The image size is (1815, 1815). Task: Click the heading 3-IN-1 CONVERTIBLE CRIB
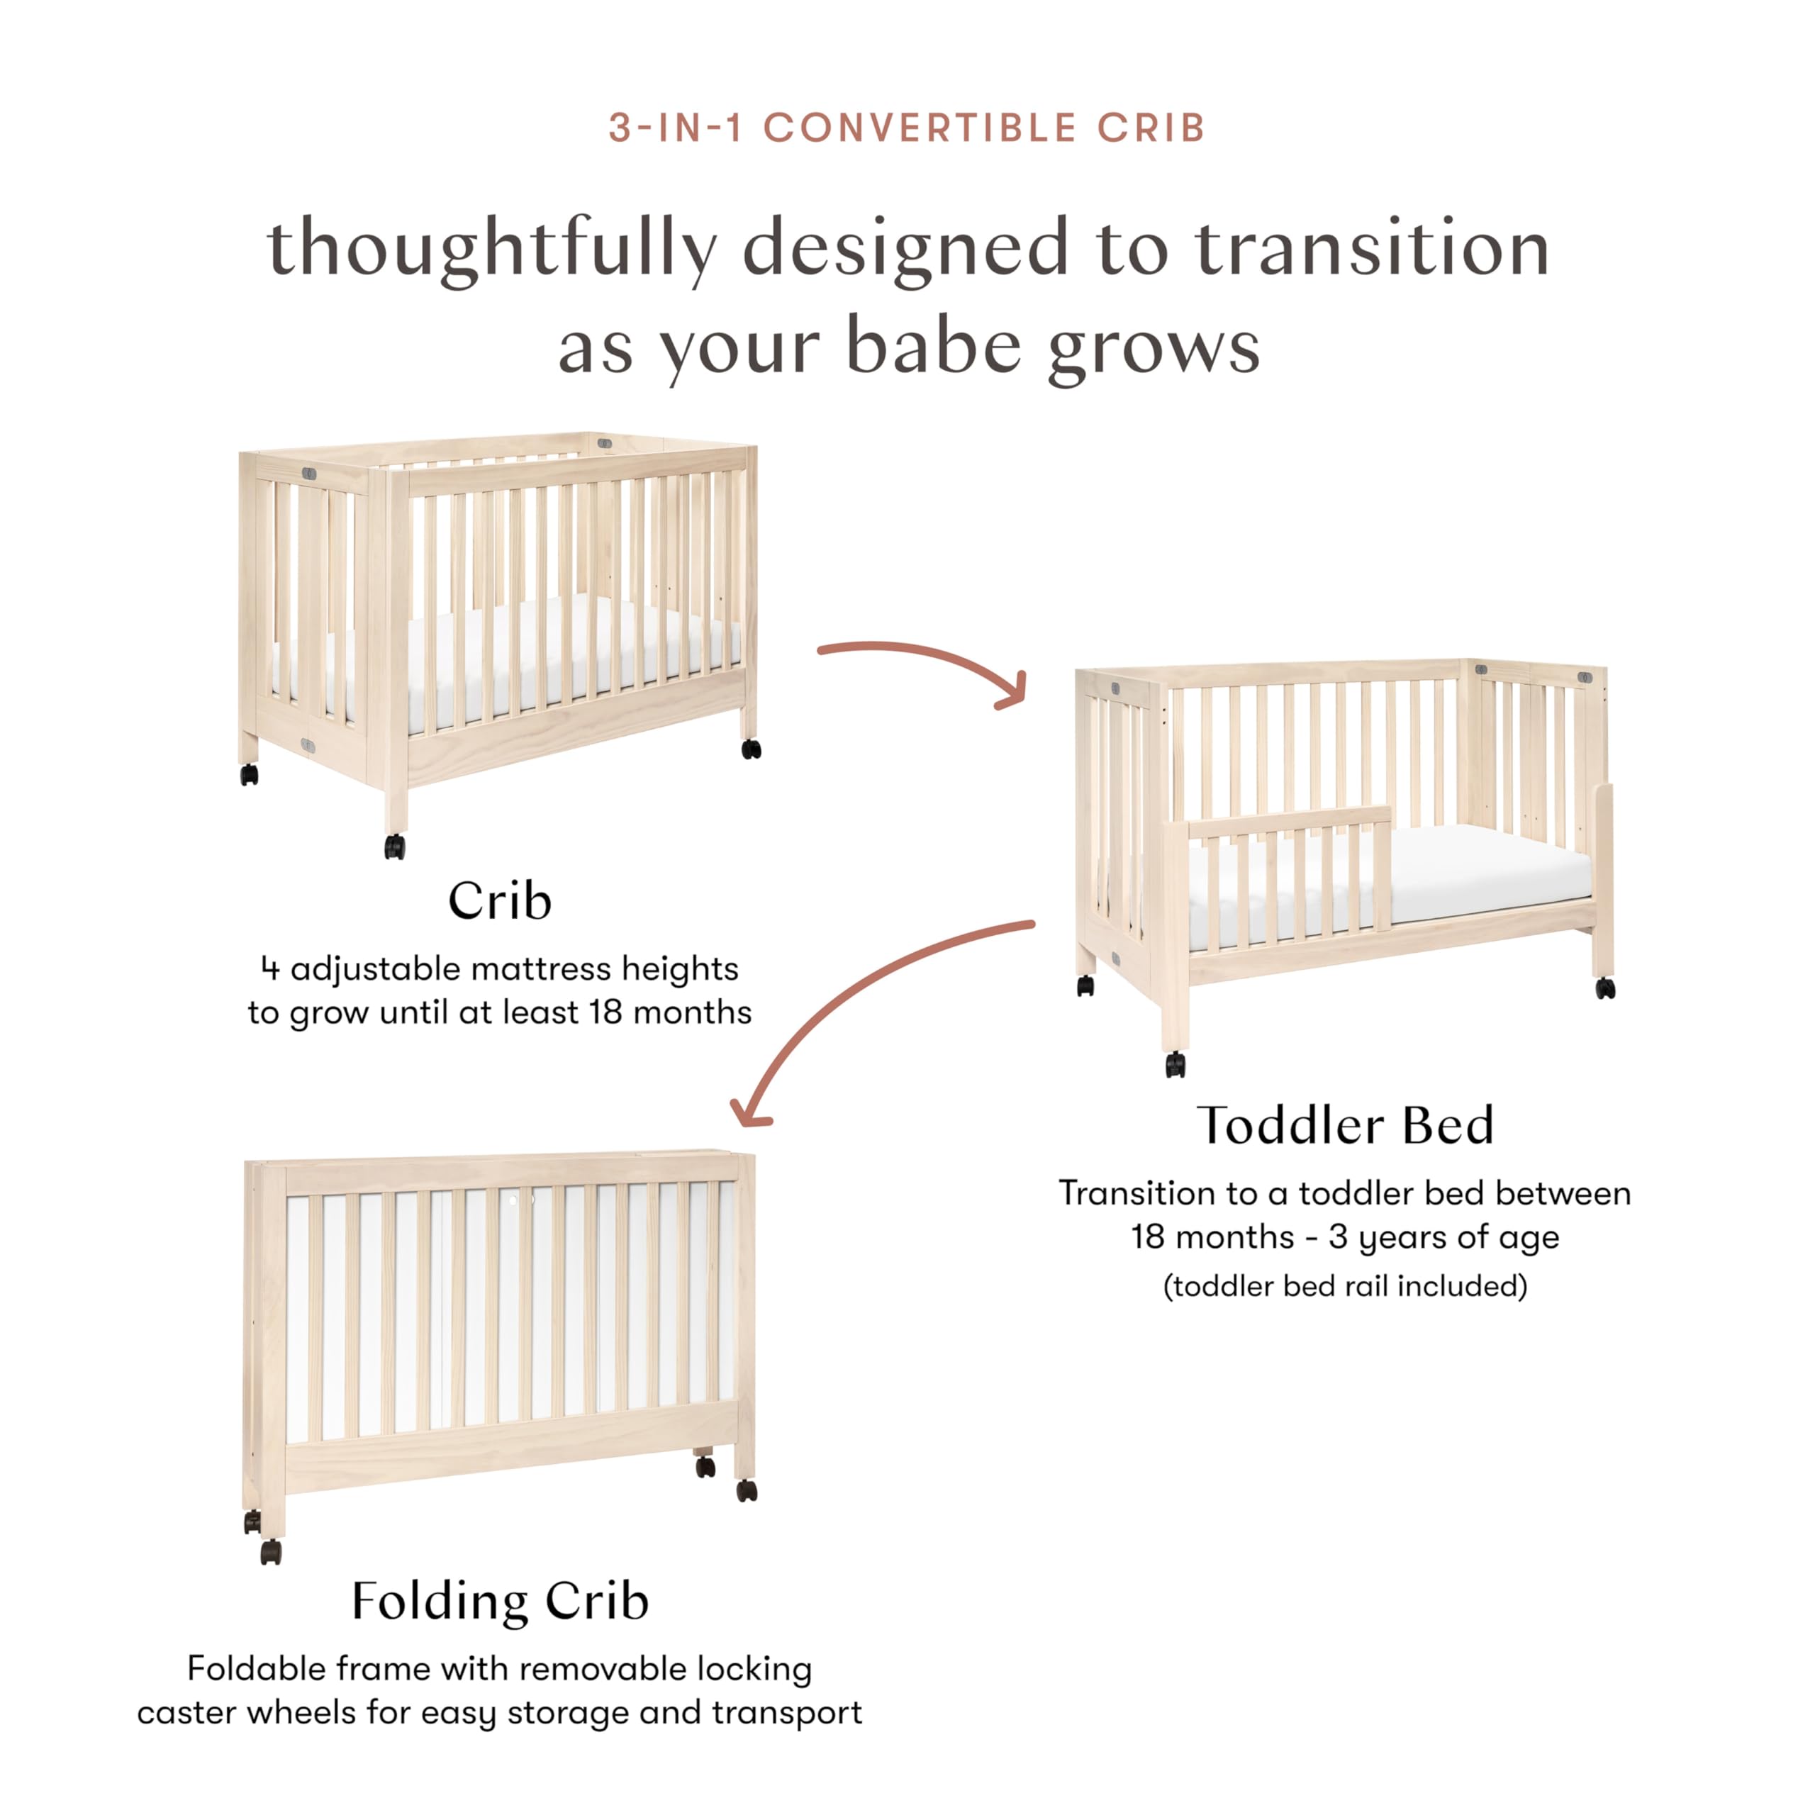907,128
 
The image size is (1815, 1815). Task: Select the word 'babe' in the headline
933,347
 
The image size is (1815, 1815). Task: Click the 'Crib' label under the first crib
499,901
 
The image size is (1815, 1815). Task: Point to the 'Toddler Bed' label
1344,1125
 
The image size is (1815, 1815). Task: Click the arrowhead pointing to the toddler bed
1012,691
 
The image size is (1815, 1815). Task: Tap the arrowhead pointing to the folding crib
749,1115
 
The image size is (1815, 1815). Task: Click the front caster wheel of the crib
395,847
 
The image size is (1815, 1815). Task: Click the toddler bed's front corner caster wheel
1175,1064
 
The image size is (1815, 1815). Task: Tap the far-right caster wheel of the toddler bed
1606,988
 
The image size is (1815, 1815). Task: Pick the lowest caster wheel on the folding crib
271,1552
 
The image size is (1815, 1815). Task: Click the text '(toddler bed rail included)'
1344,1286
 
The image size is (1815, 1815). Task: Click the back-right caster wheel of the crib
751,749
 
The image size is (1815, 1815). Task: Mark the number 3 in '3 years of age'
1338,1237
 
